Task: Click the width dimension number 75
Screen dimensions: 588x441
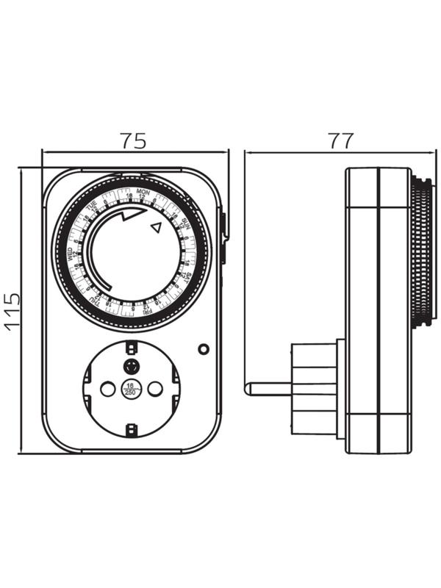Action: click(x=134, y=140)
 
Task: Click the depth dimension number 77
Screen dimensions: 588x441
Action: click(x=340, y=140)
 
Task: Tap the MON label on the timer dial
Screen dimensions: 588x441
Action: click(x=143, y=191)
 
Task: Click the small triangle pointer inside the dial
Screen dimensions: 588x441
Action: click(x=154, y=228)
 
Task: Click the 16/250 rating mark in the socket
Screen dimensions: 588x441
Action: click(x=130, y=390)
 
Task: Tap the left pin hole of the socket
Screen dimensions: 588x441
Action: click(x=107, y=389)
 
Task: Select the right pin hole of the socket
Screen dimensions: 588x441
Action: click(x=154, y=389)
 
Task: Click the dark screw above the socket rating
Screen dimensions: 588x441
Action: click(x=131, y=365)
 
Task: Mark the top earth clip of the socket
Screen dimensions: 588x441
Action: click(x=131, y=346)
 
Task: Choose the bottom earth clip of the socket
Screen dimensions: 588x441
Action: click(x=131, y=431)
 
